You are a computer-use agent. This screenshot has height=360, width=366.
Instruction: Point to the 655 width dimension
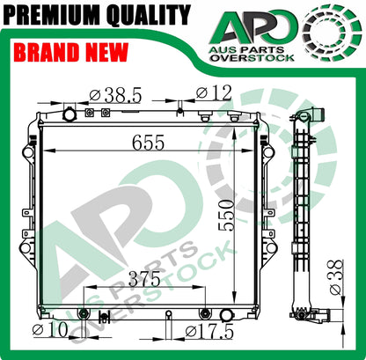pyautogui.click(x=148, y=143)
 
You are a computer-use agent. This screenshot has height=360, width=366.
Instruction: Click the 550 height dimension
pyautogui.click(x=227, y=216)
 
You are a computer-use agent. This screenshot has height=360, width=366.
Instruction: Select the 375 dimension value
pyautogui.click(x=144, y=279)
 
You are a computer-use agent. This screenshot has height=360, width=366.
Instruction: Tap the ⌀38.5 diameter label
pyautogui.click(x=115, y=94)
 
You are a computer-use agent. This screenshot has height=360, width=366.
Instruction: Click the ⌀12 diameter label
pyautogui.click(x=214, y=92)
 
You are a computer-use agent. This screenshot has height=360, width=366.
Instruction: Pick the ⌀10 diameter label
pyautogui.click(x=50, y=330)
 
